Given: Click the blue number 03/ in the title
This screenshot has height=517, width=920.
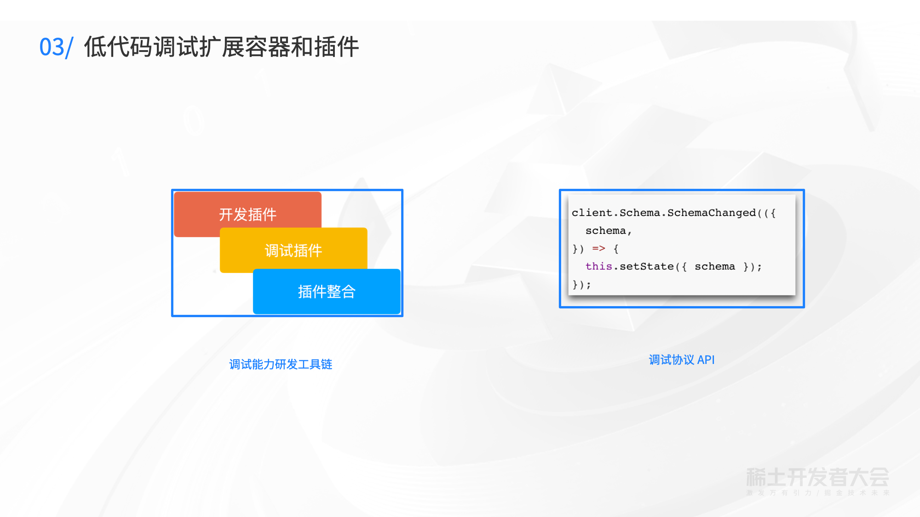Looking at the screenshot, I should [x=56, y=47].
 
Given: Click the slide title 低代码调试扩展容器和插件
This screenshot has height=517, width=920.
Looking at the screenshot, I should [x=221, y=47].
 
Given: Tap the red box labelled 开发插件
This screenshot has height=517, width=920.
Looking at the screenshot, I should [x=247, y=214].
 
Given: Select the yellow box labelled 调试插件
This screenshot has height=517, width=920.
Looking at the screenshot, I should [x=293, y=250].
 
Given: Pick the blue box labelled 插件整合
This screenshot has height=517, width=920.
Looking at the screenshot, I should [x=327, y=291].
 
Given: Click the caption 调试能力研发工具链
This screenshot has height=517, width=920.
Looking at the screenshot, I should [x=281, y=364].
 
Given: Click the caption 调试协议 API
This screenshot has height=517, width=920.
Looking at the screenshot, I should [x=681, y=360].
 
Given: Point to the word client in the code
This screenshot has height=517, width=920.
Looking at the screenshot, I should [x=592, y=213].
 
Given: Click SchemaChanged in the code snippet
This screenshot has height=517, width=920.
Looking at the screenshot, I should [x=711, y=213].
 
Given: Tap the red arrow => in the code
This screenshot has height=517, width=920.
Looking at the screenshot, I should [x=598, y=249].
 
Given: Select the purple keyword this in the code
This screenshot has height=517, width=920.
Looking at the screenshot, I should [x=598, y=267].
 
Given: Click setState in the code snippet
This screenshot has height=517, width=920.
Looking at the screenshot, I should [x=646, y=267].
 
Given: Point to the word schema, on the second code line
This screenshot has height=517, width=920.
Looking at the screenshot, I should [x=608, y=231].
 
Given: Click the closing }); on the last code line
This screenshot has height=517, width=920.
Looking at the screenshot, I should [x=581, y=284].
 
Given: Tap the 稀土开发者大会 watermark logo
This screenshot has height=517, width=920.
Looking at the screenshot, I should [x=817, y=477].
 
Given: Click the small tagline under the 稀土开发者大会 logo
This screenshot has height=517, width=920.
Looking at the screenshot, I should [x=817, y=493].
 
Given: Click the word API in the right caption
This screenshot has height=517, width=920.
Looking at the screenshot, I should [x=706, y=360].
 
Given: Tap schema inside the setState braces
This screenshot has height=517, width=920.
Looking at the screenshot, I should [x=714, y=267].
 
